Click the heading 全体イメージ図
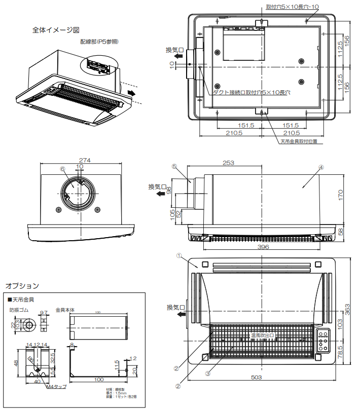pyautogui.click(x=55, y=30)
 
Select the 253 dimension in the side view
pyautogui.click(x=229, y=163)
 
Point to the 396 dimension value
pyautogui.click(x=262, y=247)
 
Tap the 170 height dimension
pyautogui.click(x=341, y=195)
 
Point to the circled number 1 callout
pyautogui.click(x=179, y=256)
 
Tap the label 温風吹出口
pyautogui.click(x=262, y=335)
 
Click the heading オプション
pyautogui.click(x=22, y=286)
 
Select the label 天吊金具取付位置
pyautogui.click(x=299, y=141)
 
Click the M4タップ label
pyautogui.click(x=56, y=387)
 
